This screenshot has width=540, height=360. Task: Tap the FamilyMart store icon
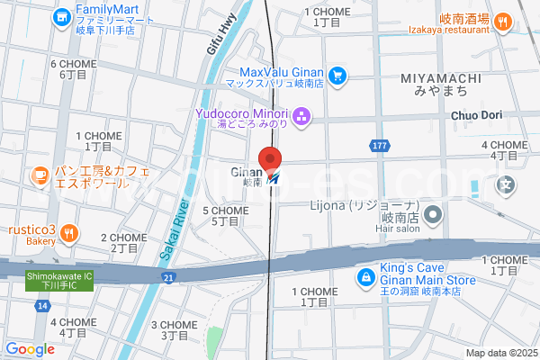tap(61, 16)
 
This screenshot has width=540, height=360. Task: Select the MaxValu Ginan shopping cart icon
tap(337, 76)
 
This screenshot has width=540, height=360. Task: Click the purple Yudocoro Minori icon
tap(301, 115)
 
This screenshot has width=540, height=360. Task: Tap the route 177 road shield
tap(380, 145)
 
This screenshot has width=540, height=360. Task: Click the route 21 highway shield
tap(168, 279)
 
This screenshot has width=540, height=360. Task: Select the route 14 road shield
tap(42, 307)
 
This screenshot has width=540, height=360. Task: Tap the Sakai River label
tap(173, 230)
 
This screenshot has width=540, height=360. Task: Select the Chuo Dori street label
tap(476, 114)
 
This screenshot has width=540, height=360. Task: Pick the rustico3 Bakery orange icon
tap(70, 235)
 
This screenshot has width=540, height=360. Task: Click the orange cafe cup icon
tap(39, 175)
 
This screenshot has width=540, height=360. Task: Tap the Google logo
tap(30, 349)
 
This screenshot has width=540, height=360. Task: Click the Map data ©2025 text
tap(500, 353)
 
